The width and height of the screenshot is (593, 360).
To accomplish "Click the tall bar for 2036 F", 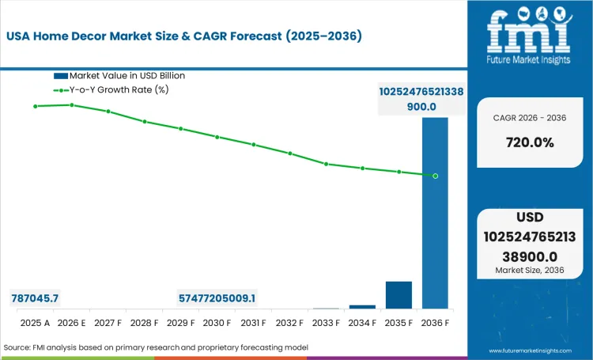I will (435, 214).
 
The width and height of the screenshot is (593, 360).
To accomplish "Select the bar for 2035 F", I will (398, 294).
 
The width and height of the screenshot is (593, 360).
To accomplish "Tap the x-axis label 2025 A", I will (35, 323).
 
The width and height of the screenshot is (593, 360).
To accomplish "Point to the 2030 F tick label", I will (217, 323).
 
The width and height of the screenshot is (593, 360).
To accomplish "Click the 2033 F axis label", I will (326, 323).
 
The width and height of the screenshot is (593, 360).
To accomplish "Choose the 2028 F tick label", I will (144, 323).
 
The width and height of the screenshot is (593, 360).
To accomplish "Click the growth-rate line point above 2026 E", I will (71, 104).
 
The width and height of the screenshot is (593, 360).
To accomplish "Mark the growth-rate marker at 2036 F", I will (435, 176).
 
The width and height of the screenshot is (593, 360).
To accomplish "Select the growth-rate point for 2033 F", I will (326, 164).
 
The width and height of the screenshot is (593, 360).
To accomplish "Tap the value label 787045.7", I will (36, 298).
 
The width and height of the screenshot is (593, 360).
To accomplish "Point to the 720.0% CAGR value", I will (529, 143).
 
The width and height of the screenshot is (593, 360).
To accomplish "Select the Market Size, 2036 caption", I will (529, 271).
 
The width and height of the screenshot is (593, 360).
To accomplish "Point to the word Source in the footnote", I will (20, 347).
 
